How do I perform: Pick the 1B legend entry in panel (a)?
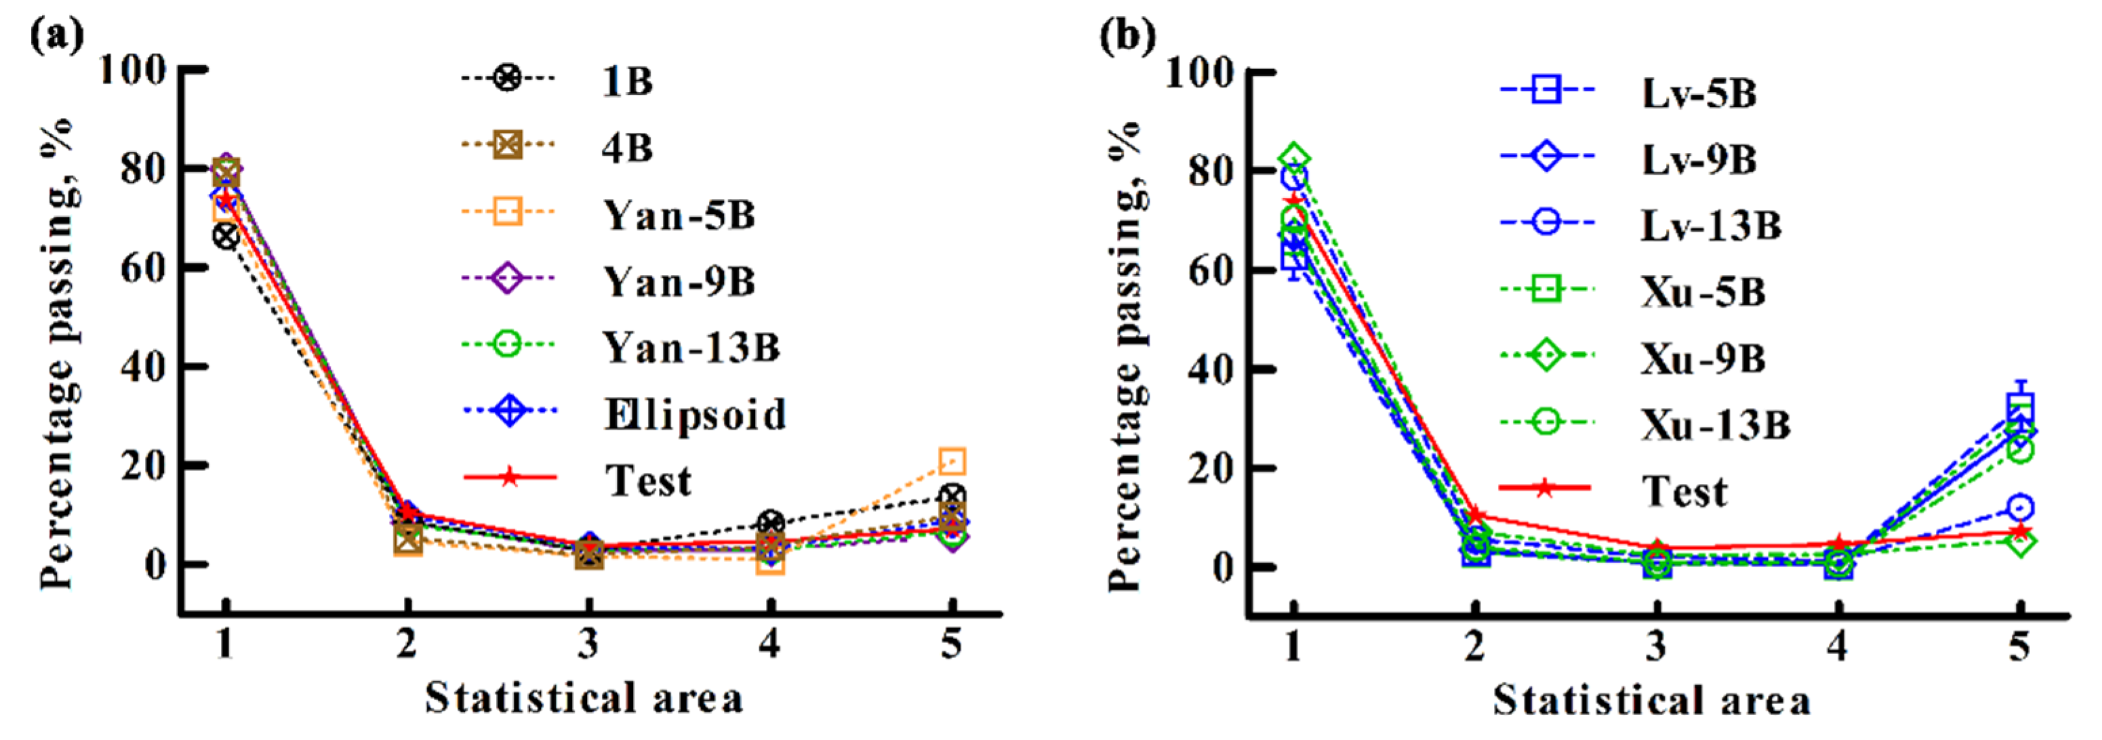click(x=627, y=81)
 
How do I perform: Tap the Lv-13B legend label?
click(x=1711, y=225)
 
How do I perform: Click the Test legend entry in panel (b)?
click(x=1684, y=491)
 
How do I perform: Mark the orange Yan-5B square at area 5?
click(x=952, y=461)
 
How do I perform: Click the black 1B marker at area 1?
click(x=226, y=237)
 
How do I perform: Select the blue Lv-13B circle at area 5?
click(x=2019, y=508)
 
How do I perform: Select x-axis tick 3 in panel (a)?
click(x=588, y=645)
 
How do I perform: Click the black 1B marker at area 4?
click(x=770, y=523)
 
